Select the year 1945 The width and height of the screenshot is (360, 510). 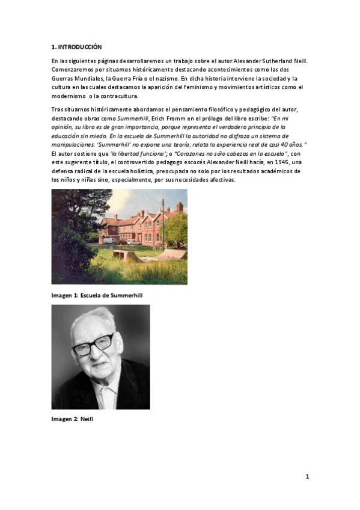point(273,162)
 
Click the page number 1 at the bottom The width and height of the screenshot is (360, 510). point(307,477)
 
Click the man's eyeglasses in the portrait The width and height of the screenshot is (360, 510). point(94,345)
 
